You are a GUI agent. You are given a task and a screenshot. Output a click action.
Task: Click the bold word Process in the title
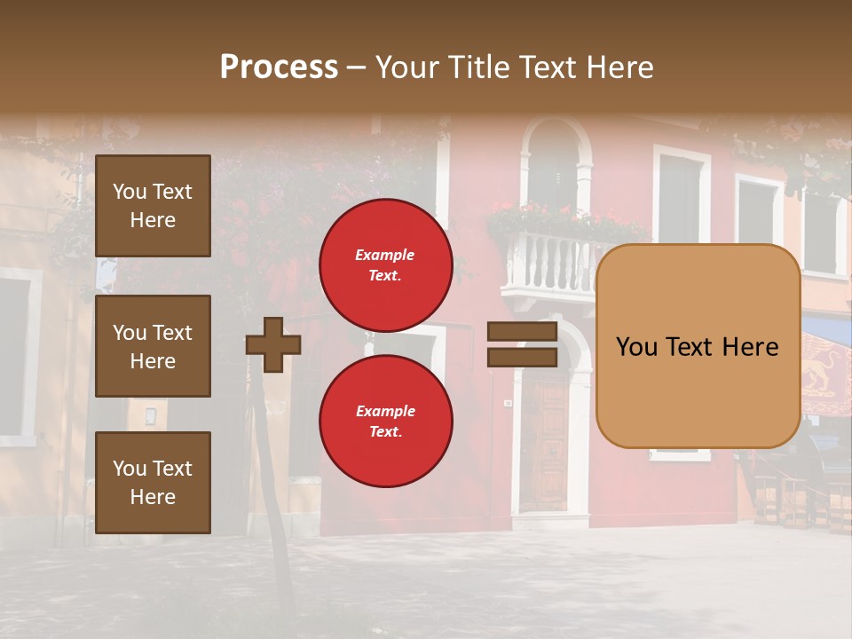click(x=279, y=67)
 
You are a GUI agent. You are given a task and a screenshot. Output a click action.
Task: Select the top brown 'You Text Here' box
click(x=153, y=206)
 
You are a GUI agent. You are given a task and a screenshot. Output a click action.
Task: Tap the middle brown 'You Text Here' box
click(x=153, y=346)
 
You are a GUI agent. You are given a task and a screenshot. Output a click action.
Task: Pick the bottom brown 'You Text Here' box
click(x=153, y=483)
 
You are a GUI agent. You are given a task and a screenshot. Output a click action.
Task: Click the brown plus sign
click(x=273, y=344)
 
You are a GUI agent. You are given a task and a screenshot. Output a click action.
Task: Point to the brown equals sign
click(x=522, y=344)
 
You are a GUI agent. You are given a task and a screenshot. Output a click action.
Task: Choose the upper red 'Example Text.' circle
click(x=385, y=264)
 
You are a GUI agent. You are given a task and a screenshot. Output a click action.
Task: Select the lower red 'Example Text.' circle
click(x=385, y=421)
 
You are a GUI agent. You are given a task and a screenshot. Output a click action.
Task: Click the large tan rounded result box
click(x=698, y=346)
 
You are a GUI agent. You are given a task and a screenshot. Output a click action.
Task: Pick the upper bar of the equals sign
click(x=522, y=332)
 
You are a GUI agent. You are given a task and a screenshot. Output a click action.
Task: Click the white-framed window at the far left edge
click(x=16, y=355)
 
